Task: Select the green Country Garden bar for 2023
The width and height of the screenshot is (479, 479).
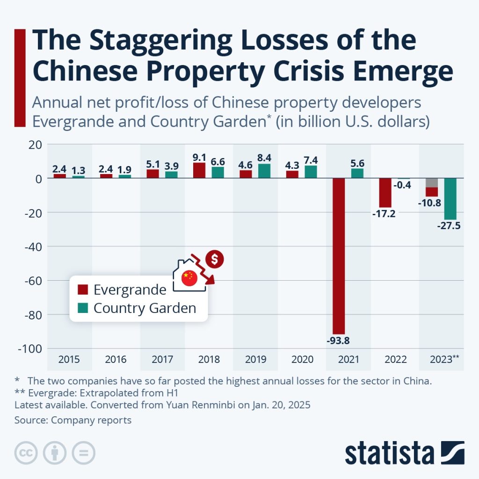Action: pyautogui.click(x=450, y=199)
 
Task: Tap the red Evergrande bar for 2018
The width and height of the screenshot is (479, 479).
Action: pyautogui.click(x=199, y=170)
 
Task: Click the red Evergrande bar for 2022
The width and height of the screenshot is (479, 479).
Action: pyautogui.click(x=385, y=193)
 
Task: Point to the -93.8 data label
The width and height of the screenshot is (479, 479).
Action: pyautogui.click(x=338, y=341)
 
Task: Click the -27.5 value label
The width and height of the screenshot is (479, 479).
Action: pyautogui.click(x=449, y=226)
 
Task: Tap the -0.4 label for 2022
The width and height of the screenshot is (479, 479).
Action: pyautogui.click(x=402, y=185)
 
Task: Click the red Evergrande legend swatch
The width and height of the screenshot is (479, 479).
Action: pyautogui.click(x=83, y=290)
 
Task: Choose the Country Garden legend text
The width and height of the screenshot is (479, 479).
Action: pyautogui.click(x=145, y=308)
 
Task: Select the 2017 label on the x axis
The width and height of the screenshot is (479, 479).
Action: pyautogui.click(x=163, y=360)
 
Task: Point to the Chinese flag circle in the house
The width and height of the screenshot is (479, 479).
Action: pyautogui.click(x=189, y=277)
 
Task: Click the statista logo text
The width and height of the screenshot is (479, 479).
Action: pyautogui.click(x=389, y=453)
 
